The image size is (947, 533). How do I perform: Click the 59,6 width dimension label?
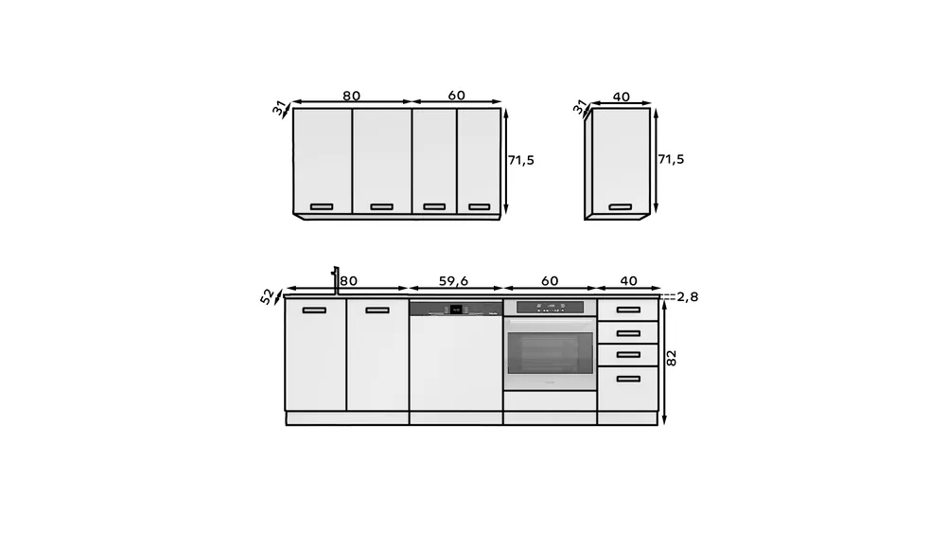pyautogui.click(x=453, y=281)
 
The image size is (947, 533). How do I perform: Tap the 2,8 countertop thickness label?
pyautogui.click(x=687, y=296)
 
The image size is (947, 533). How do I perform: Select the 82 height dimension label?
pyautogui.click(x=672, y=358)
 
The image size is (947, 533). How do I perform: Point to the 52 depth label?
pyautogui.click(x=267, y=296)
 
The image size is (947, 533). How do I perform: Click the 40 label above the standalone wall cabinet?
pyautogui.click(x=621, y=97)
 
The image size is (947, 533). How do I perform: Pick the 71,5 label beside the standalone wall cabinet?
pyautogui.click(x=671, y=159)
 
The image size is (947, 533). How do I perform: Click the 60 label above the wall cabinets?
pyautogui.click(x=457, y=96)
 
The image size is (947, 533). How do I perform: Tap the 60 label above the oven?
pyautogui.click(x=550, y=281)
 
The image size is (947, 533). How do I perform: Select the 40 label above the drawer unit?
pyautogui.click(x=629, y=281)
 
